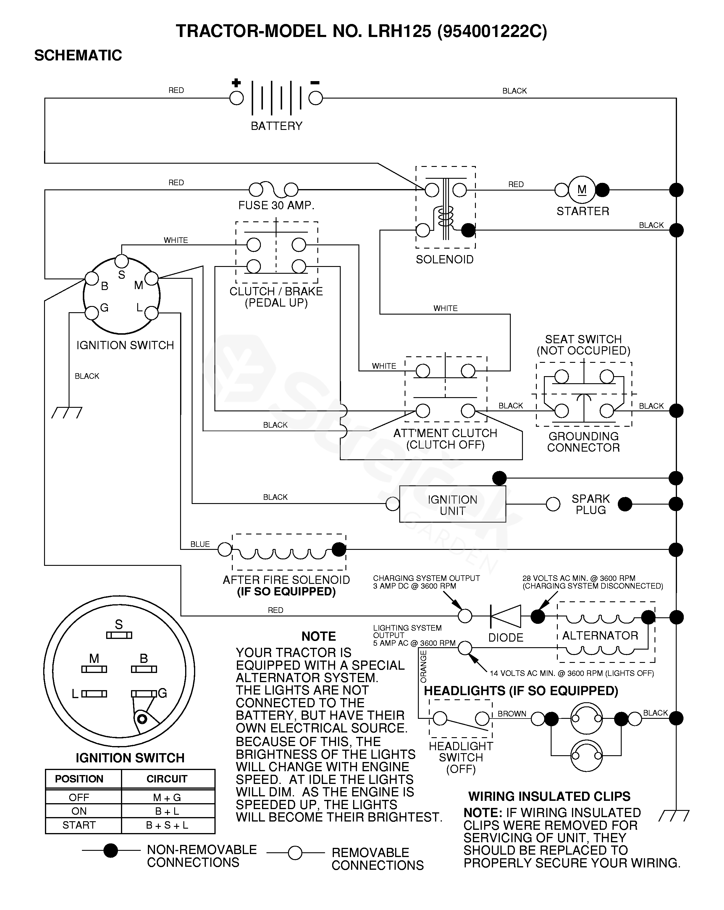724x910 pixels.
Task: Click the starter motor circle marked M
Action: tap(582, 190)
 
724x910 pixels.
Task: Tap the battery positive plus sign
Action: tap(236, 83)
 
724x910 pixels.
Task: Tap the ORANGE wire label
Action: tap(423, 666)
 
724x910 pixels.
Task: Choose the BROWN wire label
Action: tap(512, 714)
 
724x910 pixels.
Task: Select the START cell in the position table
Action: tap(79, 825)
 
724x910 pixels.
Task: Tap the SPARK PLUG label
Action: tap(590, 504)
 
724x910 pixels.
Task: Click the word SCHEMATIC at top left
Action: tap(78, 55)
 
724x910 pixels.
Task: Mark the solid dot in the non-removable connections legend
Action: tap(111, 851)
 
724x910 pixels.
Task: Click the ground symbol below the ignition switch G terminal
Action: tap(67, 412)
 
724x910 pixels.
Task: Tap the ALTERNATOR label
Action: tap(600, 636)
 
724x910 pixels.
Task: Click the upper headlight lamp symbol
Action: tap(586, 718)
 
